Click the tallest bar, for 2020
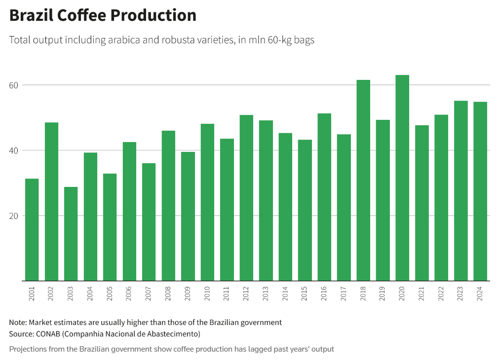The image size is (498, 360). pyautogui.click(x=402, y=178)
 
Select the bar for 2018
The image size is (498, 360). pyautogui.click(x=363, y=180)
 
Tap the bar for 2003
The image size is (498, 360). pyautogui.click(x=71, y=234)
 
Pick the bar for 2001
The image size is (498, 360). pyautogui.click(x=32, y=229)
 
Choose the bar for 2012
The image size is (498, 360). pyautogui.click(x=246, y=198)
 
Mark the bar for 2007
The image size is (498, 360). pyautogui.click(x=149, y=222)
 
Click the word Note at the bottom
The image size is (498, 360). pyautogui.click(x=18, y=323)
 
